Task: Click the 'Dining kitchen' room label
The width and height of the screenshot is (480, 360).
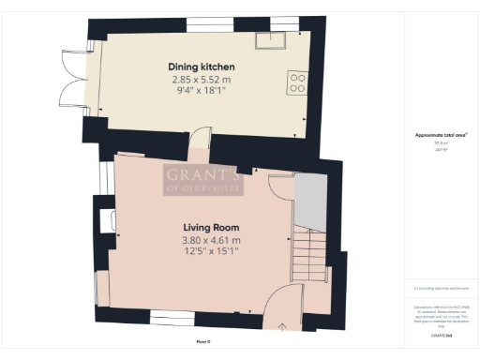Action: pyautogui.click(x=201, y=67)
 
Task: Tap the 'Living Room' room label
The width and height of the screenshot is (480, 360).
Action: pyautogui.click(x=210, y=227)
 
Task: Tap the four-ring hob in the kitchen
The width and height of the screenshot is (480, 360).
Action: pyautogui.click(x=297, y=82)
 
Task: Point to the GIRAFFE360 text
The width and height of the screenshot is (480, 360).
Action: pyautogui.click(x=441, y=335)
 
